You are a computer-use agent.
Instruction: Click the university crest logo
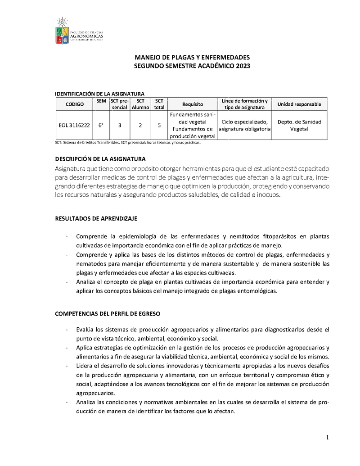tap(63, 32)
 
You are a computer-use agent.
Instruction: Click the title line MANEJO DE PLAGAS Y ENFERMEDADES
tap(192, 58)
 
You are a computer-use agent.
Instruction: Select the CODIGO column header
tap(75, 104)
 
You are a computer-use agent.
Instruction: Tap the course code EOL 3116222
tap(75, 125)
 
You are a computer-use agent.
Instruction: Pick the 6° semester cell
tap(101, 125)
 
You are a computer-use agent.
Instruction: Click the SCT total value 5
tap(159, 125)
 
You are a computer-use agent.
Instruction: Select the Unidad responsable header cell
tap(299, 104)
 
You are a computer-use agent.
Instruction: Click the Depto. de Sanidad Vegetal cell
tap(299, 125)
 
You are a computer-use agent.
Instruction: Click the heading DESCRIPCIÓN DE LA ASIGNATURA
tap(100, 159)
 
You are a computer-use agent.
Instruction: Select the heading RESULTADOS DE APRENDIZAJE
tap(96, 218)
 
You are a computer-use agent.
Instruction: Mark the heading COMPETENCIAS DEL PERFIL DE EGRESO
tap(108, 313)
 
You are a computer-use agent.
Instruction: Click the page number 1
tap(328, 438)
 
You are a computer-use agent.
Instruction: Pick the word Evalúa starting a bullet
tap(85, 329)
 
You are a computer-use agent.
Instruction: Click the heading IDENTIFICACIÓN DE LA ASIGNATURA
tap(99, 94)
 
